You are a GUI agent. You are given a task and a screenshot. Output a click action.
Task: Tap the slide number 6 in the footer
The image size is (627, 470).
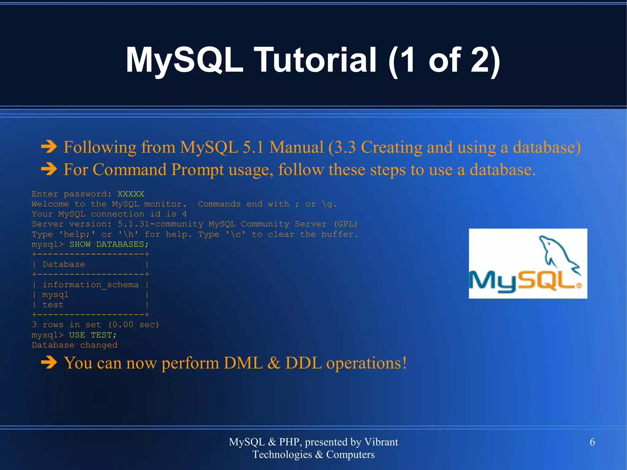click(592, 442)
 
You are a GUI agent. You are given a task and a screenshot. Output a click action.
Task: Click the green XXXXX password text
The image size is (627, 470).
click(131, 194)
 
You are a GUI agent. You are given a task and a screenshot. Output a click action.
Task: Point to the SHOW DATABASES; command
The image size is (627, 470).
click(109, 244)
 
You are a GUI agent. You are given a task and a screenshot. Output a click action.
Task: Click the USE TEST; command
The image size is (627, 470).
click(93, 335)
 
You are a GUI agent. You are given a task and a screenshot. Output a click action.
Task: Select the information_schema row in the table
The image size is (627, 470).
click(90, 285)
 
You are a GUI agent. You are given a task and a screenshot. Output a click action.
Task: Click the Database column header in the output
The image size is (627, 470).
click(64, 264)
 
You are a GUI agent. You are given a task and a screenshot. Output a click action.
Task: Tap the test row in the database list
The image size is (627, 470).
click(53, 305)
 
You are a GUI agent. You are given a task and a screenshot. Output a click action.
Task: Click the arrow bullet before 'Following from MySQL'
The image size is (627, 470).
click(49, 147)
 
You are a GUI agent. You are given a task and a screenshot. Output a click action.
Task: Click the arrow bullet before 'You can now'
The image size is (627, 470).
click(49, 363)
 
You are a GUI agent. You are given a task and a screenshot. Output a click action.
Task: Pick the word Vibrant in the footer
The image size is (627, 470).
click(381, 442)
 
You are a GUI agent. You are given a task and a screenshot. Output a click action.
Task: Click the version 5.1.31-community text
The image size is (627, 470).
click(160, 224)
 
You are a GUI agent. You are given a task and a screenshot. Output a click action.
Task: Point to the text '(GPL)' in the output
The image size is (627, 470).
click(345, 224)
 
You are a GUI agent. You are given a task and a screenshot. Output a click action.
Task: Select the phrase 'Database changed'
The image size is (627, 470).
click(74, 345)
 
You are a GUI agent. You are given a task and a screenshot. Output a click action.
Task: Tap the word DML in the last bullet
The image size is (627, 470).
click(243, 363)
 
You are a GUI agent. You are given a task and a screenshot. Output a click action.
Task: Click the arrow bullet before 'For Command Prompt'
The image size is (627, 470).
click(49, 169)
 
